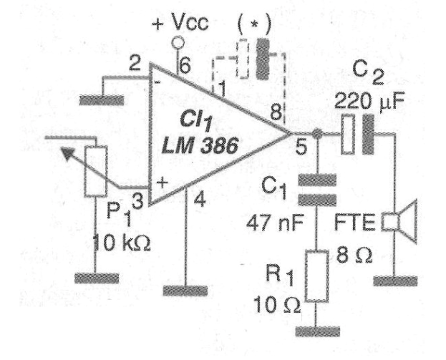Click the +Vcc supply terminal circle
pos(178,43)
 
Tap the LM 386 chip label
pos(200,147)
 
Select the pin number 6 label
pos(185,66)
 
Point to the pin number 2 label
pos(135,63)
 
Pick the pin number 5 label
pos(301,147)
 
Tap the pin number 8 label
pos(276,112)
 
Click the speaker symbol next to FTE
pos(399,222)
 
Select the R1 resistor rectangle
pos(317,276)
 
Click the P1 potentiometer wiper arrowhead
pos(68,154)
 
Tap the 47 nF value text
pos(275,223)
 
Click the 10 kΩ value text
pos(122,243)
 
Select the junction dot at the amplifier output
pos(317,134)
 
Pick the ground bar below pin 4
pos(185,291)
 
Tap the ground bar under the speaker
pos(395,281)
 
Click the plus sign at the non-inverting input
pos(162,183)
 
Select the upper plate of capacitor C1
pos(317,180)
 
